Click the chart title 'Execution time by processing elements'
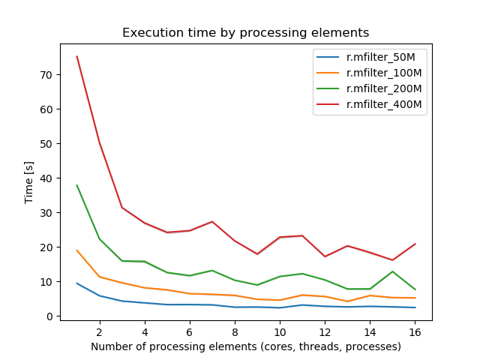(246, 33)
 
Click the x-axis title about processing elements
(246, 346)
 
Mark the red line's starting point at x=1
(76, 56)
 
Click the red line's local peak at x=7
(212, 221)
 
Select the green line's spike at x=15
(392, 271)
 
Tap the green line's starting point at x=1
(76, 185)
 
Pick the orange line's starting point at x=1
(76, 250)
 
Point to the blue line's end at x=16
(415, 307)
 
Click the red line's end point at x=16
(415, 244)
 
